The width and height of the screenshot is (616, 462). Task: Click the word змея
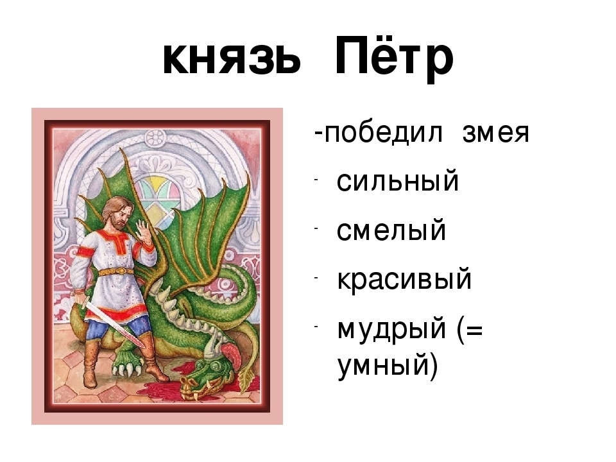coord(496,134)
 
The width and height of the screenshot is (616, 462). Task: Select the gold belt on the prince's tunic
coord(116,271)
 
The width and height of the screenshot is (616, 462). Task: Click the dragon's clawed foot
coord(126,363)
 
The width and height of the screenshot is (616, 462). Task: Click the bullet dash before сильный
coord(316,179)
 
